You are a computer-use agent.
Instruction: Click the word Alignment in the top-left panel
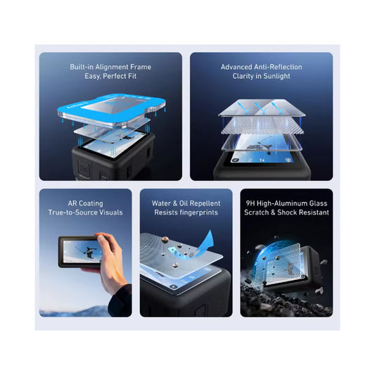(x=111, y=67)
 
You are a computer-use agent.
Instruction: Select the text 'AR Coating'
(x=85, y=203)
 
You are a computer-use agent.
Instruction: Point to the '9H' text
(x=250, y=203)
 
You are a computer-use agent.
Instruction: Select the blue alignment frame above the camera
(x=111, y=108)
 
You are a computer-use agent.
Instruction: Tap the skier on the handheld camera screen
(x=89, y=252)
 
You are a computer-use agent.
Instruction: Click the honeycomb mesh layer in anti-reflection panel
(x=262, y=126)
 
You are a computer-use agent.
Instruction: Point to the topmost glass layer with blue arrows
(x=262, y=108)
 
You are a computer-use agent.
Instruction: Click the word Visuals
(x=112, y=212)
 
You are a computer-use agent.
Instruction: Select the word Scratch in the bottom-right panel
(x=256, y=212)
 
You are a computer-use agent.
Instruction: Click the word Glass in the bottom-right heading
(x=318, y=203)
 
